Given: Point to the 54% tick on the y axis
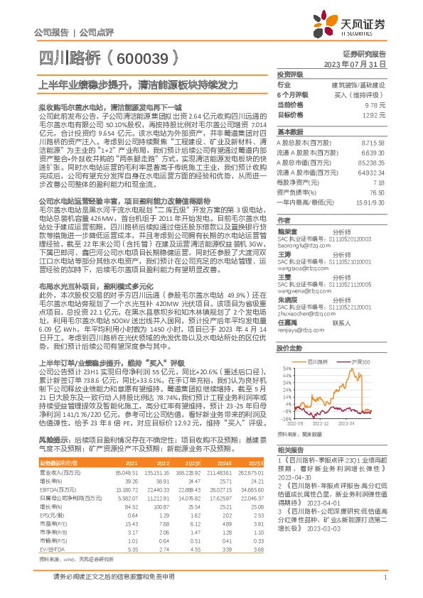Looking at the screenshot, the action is click(284, 369).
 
